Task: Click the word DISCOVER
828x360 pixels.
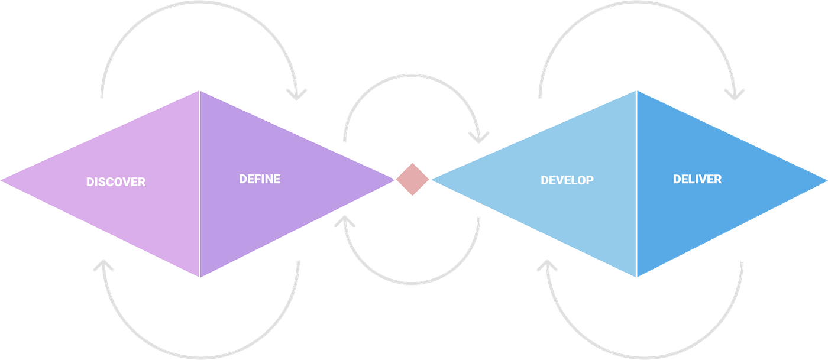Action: [x=116, y=182]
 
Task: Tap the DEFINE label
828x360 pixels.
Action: [x=260, y=179]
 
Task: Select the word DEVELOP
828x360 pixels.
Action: [x=567, y=180]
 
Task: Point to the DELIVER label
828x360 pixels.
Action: [x=697, y=179]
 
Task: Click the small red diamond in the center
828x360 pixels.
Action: [x=413, y=179]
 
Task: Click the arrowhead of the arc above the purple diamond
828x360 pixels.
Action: [x=297, y=94]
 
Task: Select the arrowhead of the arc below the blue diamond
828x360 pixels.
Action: [x=548, y=266]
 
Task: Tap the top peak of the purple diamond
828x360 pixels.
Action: [x=199, y=90]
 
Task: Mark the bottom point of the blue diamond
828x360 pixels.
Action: [x=636, y=277]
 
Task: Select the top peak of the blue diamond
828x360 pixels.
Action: [x=636, y=90]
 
